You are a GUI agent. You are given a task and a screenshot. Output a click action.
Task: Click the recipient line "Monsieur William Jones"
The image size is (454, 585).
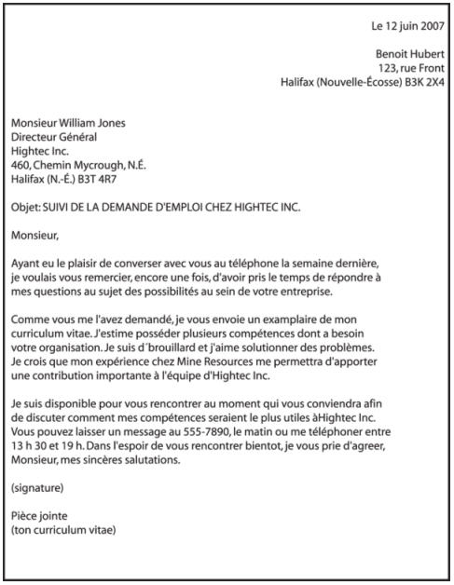click(68, 122)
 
